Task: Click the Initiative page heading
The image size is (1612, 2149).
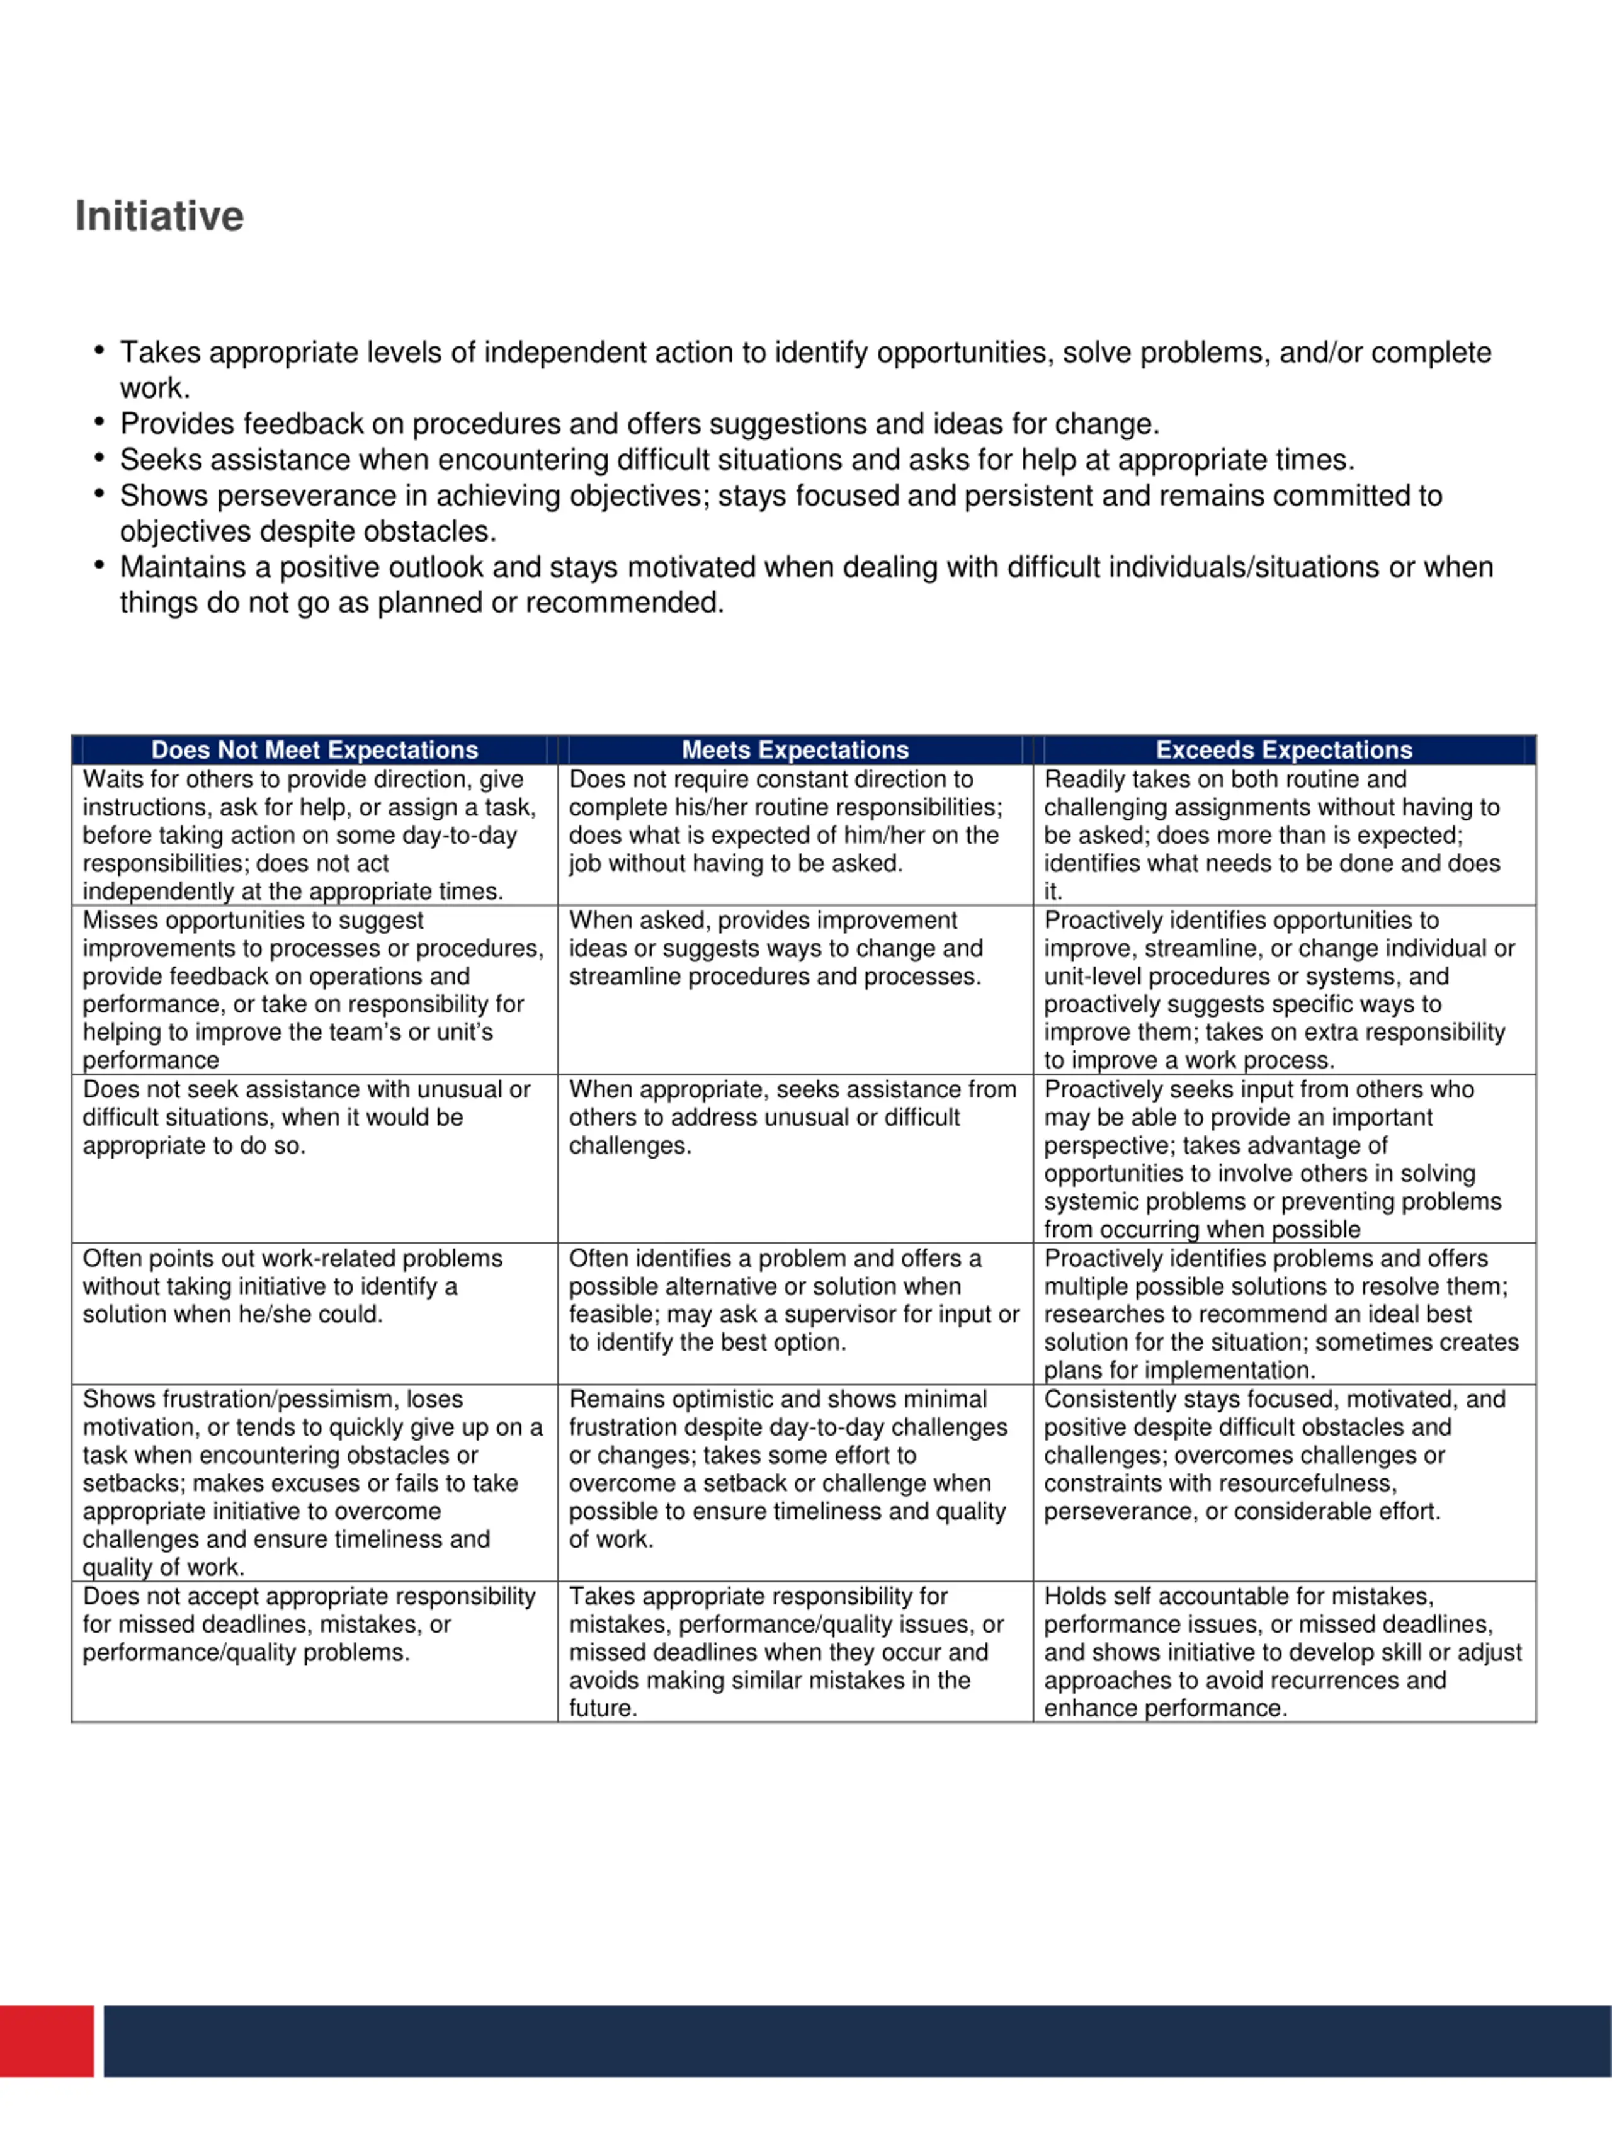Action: [x=159, y=216]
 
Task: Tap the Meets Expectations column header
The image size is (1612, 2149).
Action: [x=795, y=750]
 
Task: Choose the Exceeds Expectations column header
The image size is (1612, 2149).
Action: [x=1283, y=750]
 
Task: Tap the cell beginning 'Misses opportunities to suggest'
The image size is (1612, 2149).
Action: [x=314, y=990]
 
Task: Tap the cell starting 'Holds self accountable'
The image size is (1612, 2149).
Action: [x=1283, y=1652]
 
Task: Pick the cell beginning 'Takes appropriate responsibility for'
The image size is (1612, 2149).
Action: [x=795, y=1652]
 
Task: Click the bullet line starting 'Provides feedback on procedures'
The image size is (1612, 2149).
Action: [x=639, y=424]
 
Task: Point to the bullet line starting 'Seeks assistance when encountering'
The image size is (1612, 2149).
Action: [x=737, y=460]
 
